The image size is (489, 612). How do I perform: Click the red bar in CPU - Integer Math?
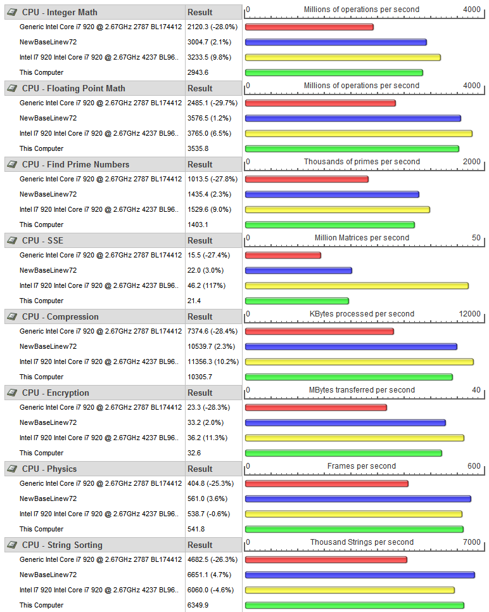(309, 27)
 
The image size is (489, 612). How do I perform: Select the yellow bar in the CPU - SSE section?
(357, 285)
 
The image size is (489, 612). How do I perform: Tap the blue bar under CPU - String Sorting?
(360, 575)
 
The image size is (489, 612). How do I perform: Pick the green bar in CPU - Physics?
(354, 529)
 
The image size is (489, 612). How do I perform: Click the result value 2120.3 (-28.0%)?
(212, 27)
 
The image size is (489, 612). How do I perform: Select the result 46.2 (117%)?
(207, 285)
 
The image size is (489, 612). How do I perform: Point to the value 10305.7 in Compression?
(200, 377)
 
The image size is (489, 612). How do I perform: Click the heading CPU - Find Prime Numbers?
(75, 164)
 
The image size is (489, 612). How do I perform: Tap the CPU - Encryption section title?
(56, 393)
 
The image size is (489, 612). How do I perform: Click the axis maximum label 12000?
(469, 314)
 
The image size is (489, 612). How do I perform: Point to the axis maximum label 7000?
(471, 542)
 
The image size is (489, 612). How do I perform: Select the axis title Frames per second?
(362, 466)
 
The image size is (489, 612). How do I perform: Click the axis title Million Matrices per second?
(362, 238)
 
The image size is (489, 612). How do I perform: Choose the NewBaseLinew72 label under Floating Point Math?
(48, 118)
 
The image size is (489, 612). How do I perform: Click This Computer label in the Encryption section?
(41, 453)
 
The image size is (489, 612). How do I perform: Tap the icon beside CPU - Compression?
(11, 316)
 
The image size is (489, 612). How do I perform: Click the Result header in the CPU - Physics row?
(200, 469)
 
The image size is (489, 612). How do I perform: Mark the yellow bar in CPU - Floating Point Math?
(359, 133)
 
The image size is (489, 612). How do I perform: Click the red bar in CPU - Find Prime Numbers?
(307, 179)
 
